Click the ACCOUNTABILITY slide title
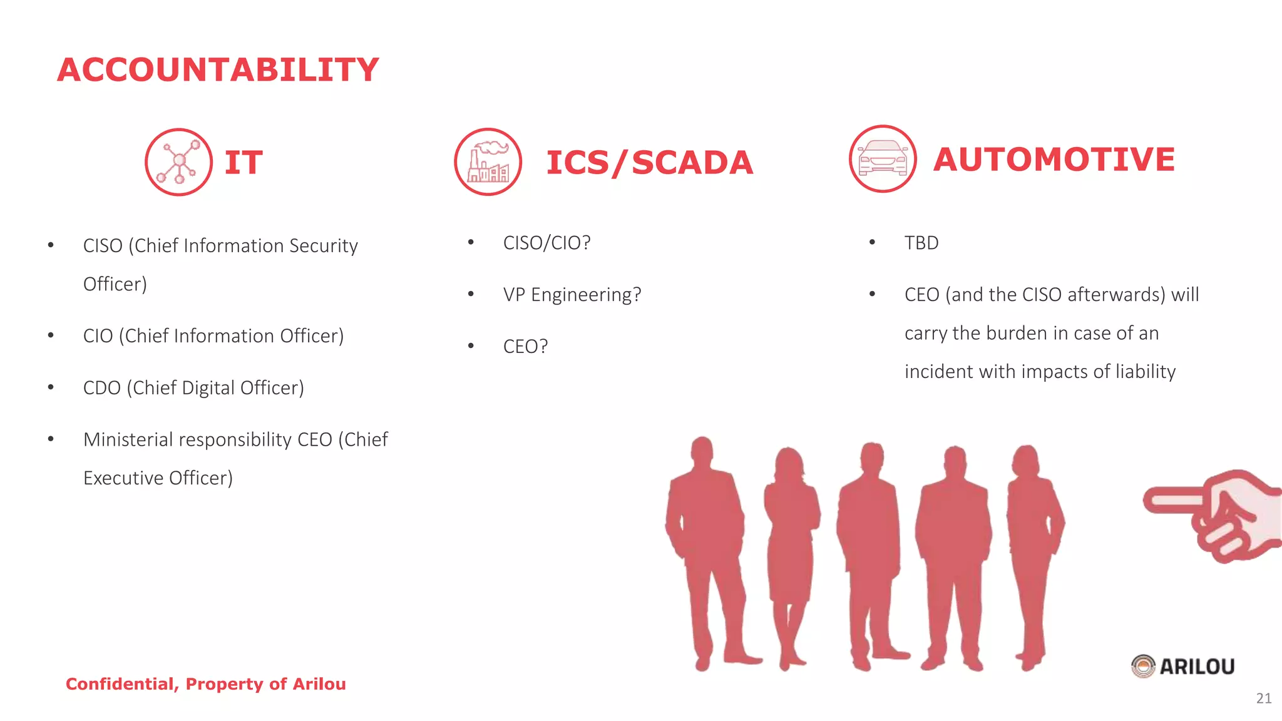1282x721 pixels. click(x=218, y=69)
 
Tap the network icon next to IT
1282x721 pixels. click(x=178, y=162)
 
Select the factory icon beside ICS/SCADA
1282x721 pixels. click(x=488, y=162)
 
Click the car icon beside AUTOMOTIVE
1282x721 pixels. click(x=883, y=159)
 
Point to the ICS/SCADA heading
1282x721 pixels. click(x=649, y=163)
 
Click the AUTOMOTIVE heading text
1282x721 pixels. click(x=1054, y=159)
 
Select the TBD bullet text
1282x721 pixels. click(x=921, y=243)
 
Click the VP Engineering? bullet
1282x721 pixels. click(x=572, y=295)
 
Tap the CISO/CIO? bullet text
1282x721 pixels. click(x=546, y=243)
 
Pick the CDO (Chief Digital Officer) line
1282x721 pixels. click(x=193, y=388)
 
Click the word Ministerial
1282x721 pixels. click(x=128, y=439)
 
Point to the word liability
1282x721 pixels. click(x=1146, y=372)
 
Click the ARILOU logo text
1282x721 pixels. click(x=1196, y=667)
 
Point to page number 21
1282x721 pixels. click(x=1263, y=698)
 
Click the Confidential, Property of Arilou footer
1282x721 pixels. click(x=206, y=684)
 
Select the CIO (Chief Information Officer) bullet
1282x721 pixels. click(x=213, y=336)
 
